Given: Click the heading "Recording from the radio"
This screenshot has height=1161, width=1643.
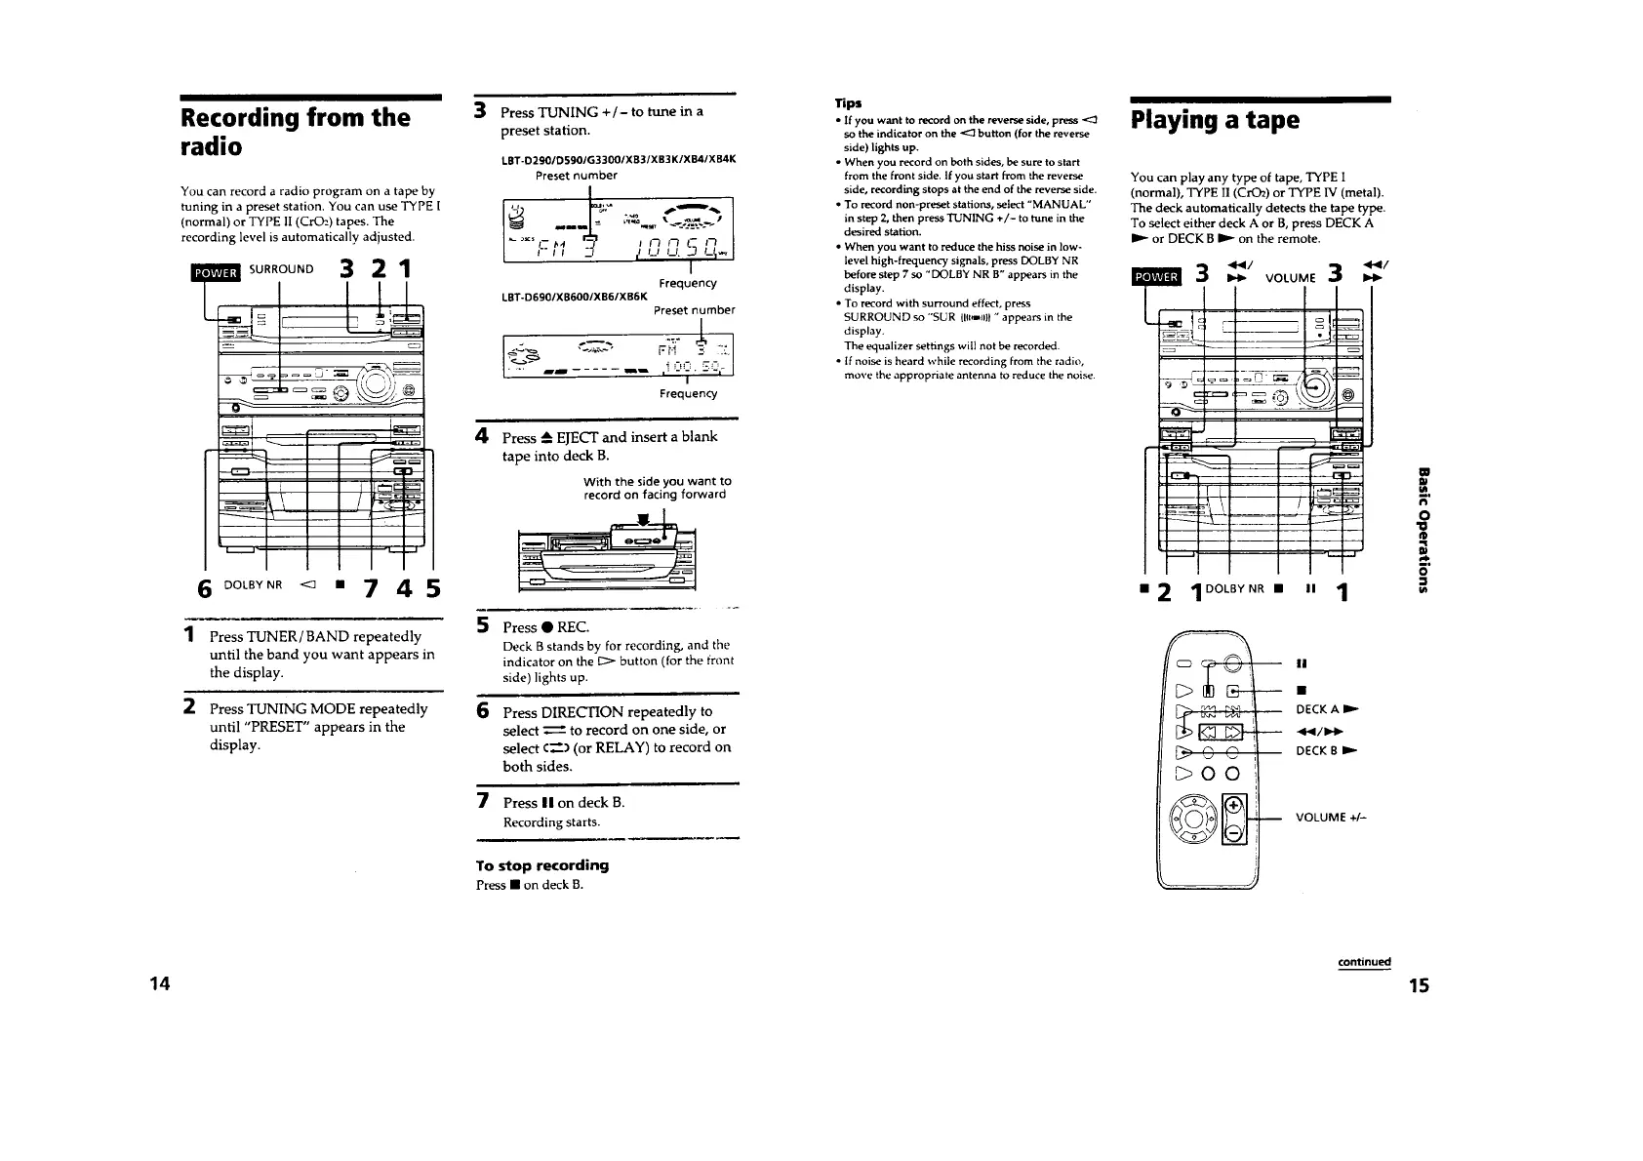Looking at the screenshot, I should point(294,132).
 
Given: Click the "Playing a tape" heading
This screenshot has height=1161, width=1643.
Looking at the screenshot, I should point(1215,120).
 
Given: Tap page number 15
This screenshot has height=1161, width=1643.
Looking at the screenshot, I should point(1419,985).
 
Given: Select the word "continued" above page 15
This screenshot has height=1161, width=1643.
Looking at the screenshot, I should point(1363,961).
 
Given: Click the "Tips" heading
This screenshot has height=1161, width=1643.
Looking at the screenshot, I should point(847,102).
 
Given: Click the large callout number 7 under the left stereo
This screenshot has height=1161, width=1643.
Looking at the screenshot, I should point(372,588).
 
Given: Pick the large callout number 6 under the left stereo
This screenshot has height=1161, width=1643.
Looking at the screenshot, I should point(204,588).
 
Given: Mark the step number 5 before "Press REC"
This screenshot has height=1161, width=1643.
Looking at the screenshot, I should point(481,625).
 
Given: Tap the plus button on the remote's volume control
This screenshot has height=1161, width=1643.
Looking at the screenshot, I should point(1233,805).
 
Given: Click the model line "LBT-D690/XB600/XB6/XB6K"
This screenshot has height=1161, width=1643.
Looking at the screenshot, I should point(560,296).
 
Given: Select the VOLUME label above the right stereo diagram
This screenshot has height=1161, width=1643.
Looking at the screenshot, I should point(1291,277).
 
